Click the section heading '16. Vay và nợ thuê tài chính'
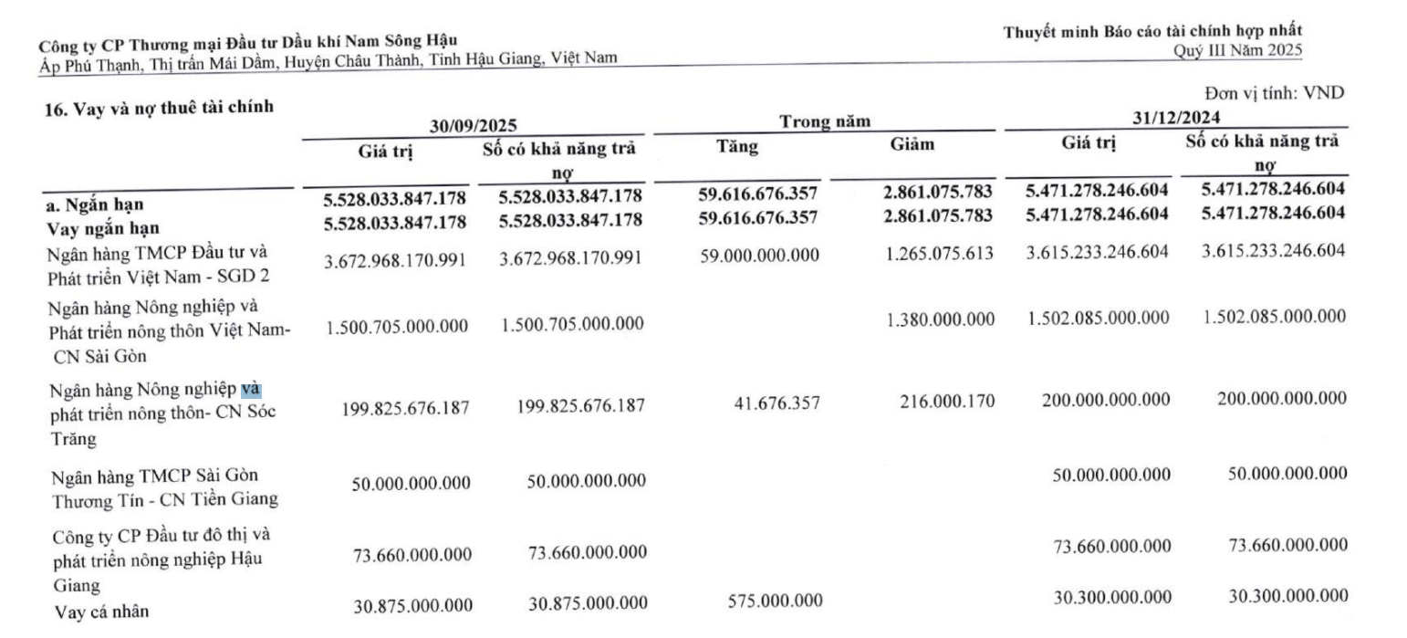click(159, 107)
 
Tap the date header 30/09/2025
click(474, 127)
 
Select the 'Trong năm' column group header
click(824, 121)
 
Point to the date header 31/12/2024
click(1176, 118)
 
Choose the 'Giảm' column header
click(912, 143)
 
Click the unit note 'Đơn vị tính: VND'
click(1274, 92)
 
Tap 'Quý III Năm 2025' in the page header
click(1237, 49)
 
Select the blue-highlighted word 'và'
click(250, 390)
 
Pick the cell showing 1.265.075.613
click(938, 254)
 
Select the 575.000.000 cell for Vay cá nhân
click(775, 601)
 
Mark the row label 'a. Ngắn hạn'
click(94, 204)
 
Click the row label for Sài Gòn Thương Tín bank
click(164, 488)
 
